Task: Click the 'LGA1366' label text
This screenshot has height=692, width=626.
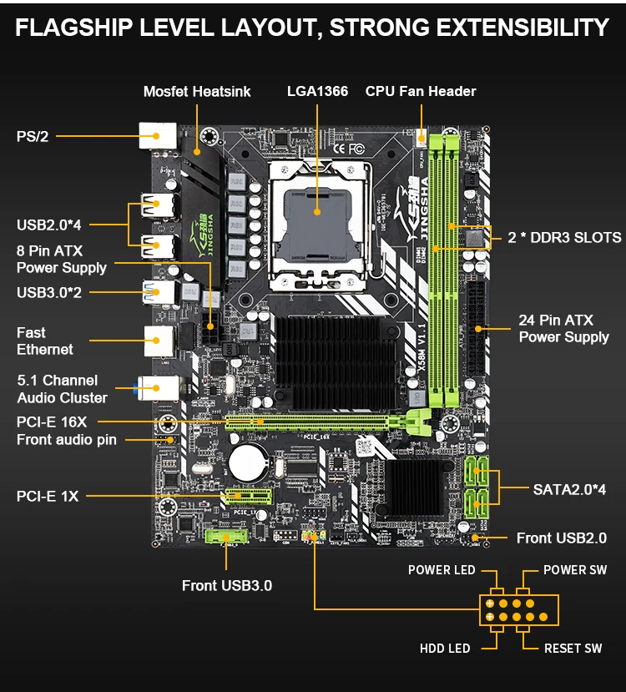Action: click(x=316, y=91)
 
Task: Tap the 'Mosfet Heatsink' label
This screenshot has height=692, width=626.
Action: click(x=197, y=91)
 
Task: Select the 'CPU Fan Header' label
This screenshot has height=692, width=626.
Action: click(x=421, y=91)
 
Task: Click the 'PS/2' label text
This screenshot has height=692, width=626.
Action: click(x=33, y=136)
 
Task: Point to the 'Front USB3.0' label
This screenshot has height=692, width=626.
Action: click(x=227, y=585)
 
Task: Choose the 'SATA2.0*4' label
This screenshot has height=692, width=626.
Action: click(x=569, y=488)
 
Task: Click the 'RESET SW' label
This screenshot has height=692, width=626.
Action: click(x=573, y=648)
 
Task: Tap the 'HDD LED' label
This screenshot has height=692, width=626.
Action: click(x=445, y=648)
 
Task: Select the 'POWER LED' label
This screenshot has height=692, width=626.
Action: click(x=442, y=570)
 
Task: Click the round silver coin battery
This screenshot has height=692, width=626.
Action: click(x=248, y=460)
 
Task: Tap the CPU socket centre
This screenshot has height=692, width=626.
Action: click(x=318, y=213)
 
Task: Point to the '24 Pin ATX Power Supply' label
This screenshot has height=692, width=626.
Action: click(x=563, y=328)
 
